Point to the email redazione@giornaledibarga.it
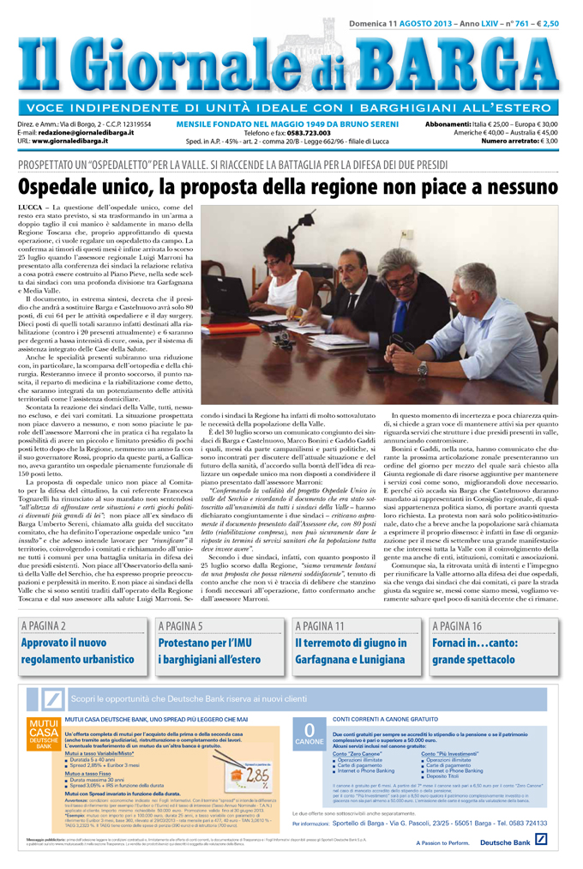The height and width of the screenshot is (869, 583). click(95, 132)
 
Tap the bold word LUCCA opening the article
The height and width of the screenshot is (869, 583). click(33, 208)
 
